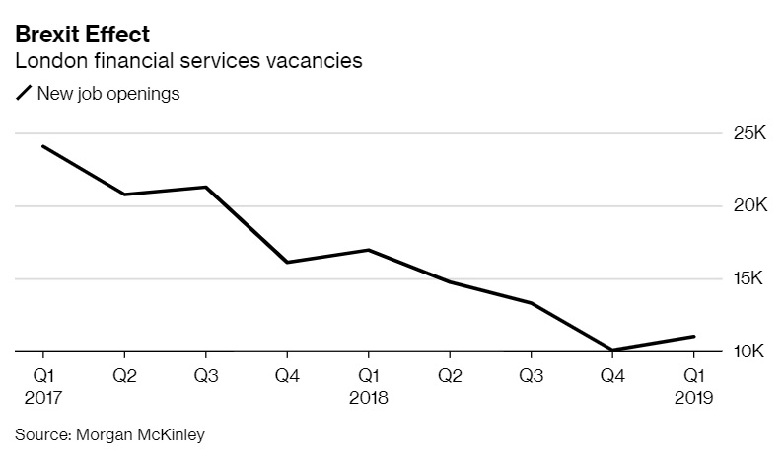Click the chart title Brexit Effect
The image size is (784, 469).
pos(82,35)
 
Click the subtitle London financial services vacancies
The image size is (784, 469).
pos(188,61)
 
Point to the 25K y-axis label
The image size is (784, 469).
pos(748,133)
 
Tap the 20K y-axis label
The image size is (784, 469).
pos(748,205)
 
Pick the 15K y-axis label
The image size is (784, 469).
pos(748,278)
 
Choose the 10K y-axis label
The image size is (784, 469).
pos(748,352)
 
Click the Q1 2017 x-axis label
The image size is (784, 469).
pos(42,386)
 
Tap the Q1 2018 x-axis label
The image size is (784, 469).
pos(368,386)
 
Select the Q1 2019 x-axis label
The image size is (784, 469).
pos(693,386)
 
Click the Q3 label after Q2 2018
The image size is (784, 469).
pos(531,375)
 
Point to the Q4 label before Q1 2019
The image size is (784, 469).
pos(611,375)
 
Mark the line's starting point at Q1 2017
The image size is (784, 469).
pos(42,146)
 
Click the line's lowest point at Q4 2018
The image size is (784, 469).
pos(611,350)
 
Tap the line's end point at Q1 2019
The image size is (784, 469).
pos(693,337)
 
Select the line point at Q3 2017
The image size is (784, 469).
pos(205,187)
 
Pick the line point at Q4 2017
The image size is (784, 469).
pos(286,262)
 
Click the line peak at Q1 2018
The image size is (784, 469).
pos(368,250)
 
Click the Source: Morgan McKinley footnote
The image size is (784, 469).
pos(109,434)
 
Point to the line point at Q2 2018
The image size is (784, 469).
pos(449,281)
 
